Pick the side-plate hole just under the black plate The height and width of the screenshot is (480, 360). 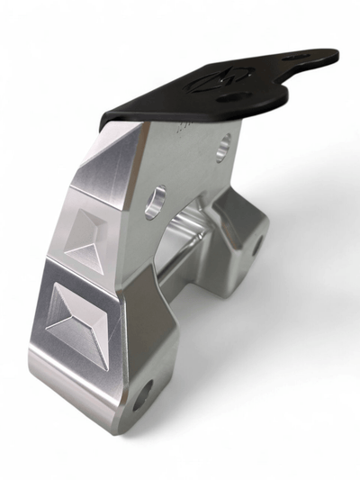(223, 144)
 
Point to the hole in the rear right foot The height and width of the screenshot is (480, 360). (256, 245)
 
